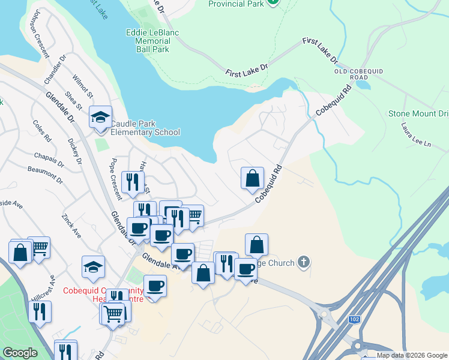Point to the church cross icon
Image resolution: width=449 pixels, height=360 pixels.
tap(304, 262)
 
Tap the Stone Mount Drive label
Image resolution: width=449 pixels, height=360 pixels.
tap(418, 113)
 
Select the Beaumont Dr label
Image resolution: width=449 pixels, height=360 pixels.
tap(45, 175)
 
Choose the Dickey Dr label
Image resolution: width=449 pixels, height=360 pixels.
tap(74, 151)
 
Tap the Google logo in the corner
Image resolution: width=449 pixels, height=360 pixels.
tap(20, 353)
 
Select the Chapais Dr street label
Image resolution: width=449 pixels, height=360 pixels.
tap(49, 159)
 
